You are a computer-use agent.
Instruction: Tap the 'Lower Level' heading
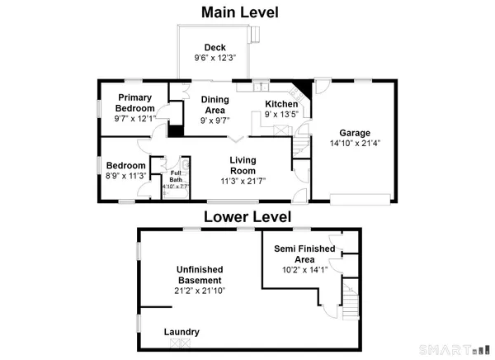click(x=247, y=217)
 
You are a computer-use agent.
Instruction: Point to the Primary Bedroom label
click(x=134, y=102)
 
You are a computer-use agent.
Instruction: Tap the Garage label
click(x=356, y=132)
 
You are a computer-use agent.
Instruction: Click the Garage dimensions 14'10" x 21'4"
click(x=356, y=144)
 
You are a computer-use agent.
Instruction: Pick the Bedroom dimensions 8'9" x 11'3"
click(x=127, y=175)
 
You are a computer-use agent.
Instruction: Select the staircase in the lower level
click(x=352, y=303)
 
